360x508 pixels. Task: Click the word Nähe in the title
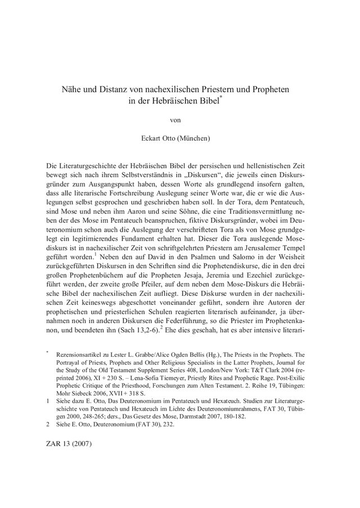pos(72,89)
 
